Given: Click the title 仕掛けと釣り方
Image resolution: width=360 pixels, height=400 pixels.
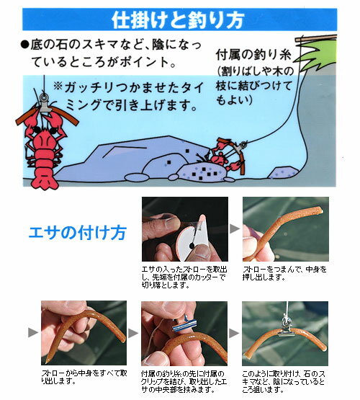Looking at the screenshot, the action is point(178,19).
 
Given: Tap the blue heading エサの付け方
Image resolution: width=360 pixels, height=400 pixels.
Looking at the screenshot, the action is point(78,232).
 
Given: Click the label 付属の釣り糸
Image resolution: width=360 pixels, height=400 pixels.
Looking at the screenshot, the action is point(253,54).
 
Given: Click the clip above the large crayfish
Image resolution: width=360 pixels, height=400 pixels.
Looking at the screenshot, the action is point(45,104).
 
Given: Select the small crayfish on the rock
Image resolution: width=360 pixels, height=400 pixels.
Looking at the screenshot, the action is point(224,156).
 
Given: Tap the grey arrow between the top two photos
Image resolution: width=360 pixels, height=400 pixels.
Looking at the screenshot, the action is point(235,228).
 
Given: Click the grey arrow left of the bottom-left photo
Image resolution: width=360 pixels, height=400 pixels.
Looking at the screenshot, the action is point(33,332).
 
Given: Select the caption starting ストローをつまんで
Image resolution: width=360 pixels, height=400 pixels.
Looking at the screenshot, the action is point(284,273).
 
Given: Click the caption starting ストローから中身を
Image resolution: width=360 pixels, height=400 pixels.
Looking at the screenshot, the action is point(84,377).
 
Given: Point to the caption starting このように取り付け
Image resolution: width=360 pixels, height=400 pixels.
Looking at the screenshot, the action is point(284,382).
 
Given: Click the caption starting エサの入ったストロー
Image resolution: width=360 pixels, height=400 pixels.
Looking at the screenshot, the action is point(184,277).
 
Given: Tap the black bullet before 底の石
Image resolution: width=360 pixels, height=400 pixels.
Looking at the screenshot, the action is point(25,45).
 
